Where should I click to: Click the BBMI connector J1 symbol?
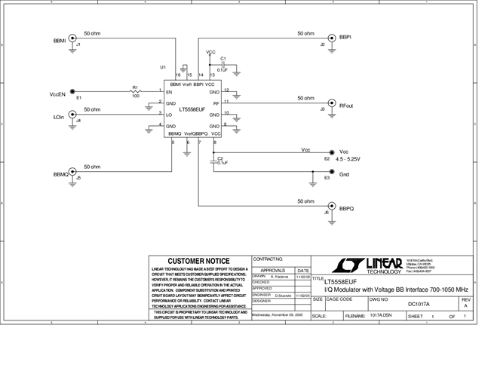(72, 38)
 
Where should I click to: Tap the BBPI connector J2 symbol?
(330, 38)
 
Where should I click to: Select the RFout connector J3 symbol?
(330, 103)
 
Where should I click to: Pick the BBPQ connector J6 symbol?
(330, 206)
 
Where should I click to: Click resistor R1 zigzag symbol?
(136, 92)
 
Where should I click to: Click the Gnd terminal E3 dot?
(314, 172)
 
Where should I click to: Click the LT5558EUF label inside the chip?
(186, 109)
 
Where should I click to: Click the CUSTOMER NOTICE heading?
(198, 261)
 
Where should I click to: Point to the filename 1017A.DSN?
(382, 317)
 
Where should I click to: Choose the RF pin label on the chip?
(216, 103)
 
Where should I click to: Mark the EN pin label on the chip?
(170, 92)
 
